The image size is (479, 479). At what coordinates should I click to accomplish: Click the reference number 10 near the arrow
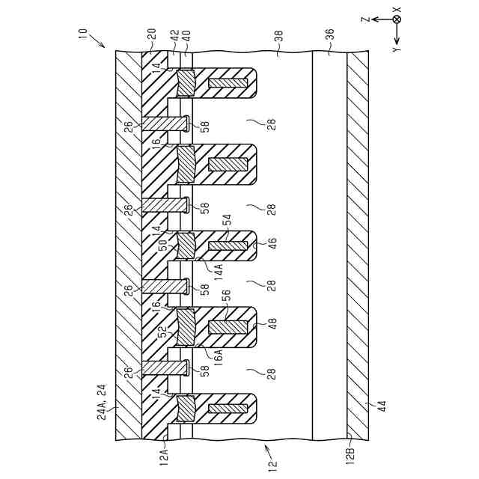(82, 34)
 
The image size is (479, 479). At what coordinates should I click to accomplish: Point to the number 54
(226, 219)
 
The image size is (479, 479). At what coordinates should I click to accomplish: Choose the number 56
(226, 296)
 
